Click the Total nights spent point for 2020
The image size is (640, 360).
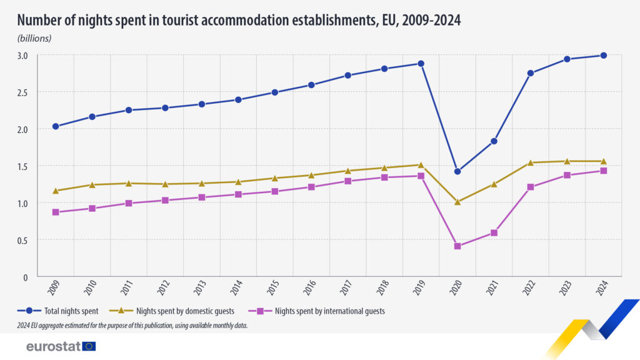coord(457,171)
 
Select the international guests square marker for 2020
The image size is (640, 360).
coord(457,246)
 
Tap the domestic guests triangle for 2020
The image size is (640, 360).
coord(457,202)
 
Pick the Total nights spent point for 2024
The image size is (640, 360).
coord(604,56)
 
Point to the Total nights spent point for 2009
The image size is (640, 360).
coord(56,126)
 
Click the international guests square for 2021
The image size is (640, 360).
coord(494,232)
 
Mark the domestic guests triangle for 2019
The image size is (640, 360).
coord(421,165)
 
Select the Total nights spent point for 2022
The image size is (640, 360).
coord(531,73)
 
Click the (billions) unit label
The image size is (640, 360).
coord(34,38)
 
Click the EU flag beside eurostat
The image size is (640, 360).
coord(89,346)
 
